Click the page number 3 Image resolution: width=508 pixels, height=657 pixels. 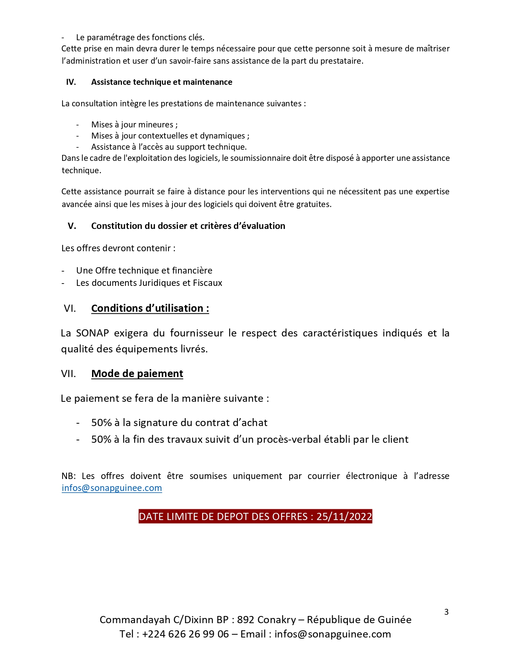point(446,612)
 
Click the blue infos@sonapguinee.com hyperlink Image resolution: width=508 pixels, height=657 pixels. point(112,488)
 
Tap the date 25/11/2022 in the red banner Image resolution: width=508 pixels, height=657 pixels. point(344,516)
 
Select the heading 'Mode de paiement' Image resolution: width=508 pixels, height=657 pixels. point(137,373)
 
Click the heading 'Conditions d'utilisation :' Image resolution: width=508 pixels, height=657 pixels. point(150,308)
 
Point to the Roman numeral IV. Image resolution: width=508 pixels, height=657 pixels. point(71,82)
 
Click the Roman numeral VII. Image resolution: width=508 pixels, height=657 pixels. point(68,373)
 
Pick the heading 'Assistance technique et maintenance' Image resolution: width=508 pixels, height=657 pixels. point(161,82)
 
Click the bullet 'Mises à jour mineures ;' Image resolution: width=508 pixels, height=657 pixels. point(134,125)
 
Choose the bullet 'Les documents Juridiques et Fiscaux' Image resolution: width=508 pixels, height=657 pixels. point(149,283)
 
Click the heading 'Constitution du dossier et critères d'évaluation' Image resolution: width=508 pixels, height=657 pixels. point(188,226)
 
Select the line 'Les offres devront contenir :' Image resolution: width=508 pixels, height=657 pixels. point(118,248)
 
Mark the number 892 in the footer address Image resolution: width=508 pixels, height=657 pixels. point(245,620)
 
